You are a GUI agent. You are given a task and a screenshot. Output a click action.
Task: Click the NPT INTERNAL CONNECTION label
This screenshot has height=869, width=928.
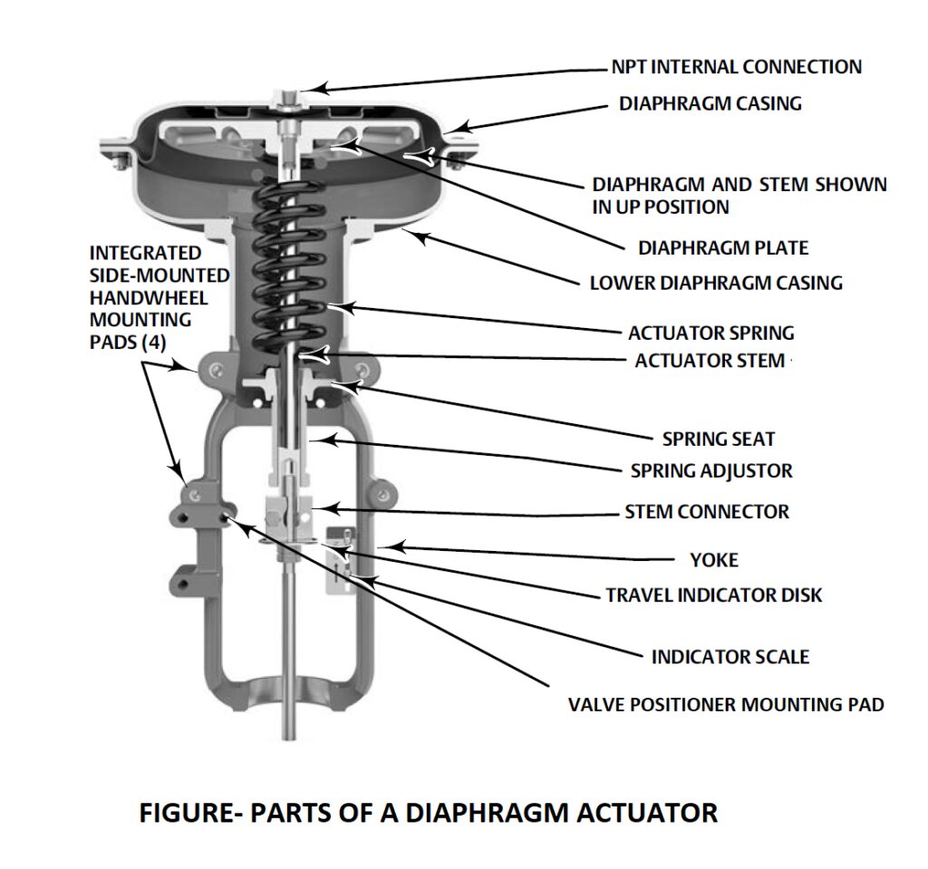tap(737, 67)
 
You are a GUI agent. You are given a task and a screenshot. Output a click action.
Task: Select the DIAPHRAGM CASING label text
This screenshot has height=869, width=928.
tap(710, 103)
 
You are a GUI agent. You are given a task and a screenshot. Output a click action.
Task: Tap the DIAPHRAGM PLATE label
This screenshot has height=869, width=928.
tap(723, 247)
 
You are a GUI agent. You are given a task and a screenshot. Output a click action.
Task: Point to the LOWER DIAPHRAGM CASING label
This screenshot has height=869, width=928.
tap(716, 283)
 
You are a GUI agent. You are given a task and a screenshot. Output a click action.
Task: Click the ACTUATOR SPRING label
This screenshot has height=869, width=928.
tap(710, 333)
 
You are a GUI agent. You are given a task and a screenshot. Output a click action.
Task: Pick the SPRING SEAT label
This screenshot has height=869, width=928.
tap(719, 439)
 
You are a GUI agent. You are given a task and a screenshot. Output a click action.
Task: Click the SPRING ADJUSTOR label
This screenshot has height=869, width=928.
tap(711, 471)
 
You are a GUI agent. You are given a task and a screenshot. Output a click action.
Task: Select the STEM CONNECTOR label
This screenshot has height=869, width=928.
tap(707, 512)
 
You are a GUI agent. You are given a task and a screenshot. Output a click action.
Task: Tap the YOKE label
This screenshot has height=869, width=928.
tap(714, 560)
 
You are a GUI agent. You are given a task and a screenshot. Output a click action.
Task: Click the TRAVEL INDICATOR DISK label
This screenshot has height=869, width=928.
tap(714, 595)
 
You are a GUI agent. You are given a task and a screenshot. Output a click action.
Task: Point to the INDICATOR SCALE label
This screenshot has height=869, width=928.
tap(730, 657)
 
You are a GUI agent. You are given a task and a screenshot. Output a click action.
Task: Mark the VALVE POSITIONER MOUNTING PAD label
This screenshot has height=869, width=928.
tap(726, 704)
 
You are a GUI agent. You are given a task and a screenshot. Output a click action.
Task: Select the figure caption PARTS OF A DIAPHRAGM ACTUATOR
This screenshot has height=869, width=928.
tap(428, 813)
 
